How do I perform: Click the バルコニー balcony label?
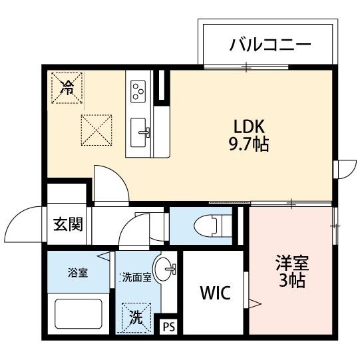pyautogui.click(x=270, y=45)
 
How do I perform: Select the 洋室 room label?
pyautogui.click(x=292, y=262)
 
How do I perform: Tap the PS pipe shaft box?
pyautogui.click(x=169, y=327)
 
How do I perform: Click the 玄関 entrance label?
pyautogui.click(x=68, y=224)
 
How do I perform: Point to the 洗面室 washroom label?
pyautogui.click(x=137, y=277)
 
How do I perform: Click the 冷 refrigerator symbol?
pyautogui.click(x=67, y=85)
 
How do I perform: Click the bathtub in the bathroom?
pyautogui.click(x=77, y=313)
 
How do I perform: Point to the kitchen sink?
pyautogui.click(x=140, y=128)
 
